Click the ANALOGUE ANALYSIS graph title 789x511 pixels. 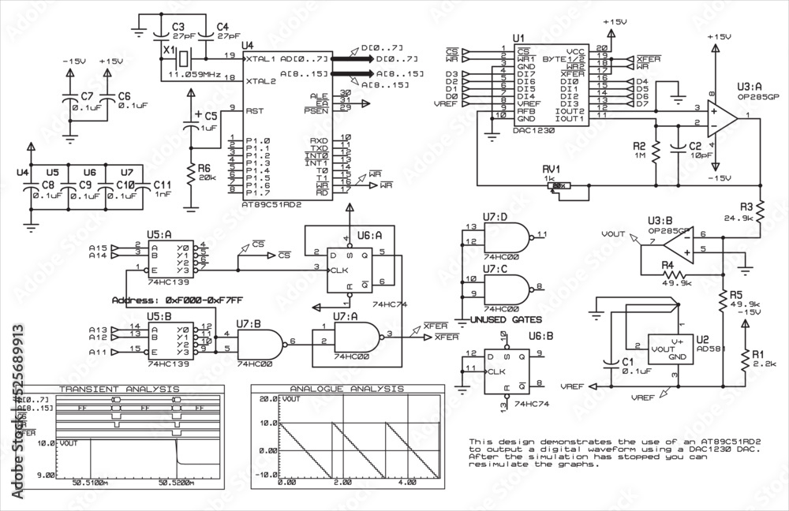click(x=348, y=389)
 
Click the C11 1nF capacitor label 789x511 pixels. click(x=162, y=188)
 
